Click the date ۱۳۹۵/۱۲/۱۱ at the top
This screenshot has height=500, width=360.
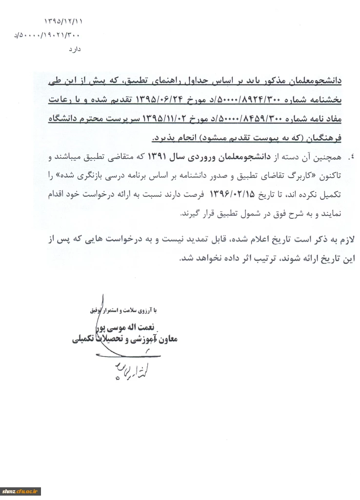coord(64,22)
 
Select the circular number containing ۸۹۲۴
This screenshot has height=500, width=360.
coord(262,101)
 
